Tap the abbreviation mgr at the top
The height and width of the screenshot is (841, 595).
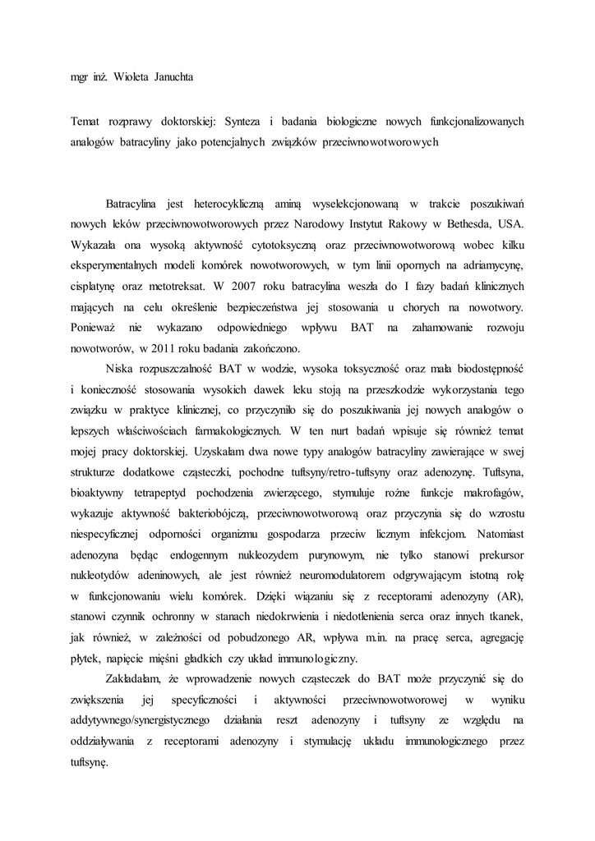(x=81, y=80)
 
